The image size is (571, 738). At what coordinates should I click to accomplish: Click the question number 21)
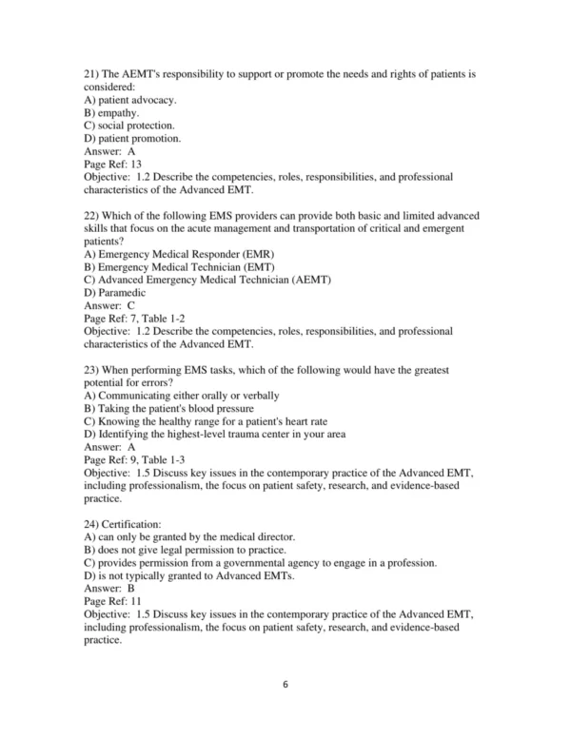click(93, 72)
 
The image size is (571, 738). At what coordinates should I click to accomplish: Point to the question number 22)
click(93, 217)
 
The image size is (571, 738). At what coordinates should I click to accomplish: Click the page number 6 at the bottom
click(285, 709)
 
